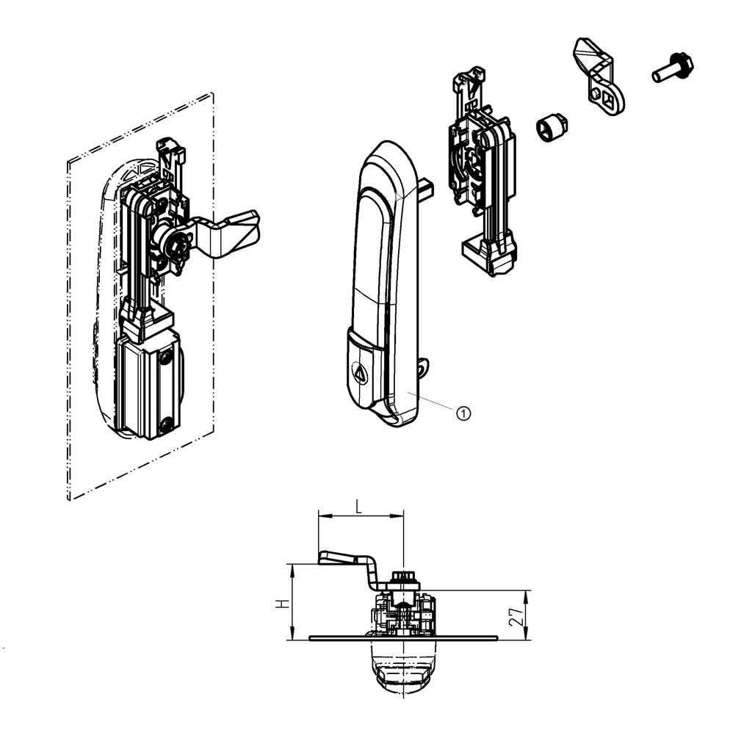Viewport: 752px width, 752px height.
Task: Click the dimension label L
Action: [358, 507]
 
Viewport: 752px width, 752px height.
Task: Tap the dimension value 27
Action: [518, 615]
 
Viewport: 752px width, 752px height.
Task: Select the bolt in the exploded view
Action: [671, 70]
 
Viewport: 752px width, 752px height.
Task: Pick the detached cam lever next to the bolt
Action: [600, 78]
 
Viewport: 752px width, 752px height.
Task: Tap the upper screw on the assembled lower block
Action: [168, 358]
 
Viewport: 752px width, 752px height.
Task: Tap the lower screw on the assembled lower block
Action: [168, 423]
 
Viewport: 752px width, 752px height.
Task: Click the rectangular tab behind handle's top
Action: [426, 190]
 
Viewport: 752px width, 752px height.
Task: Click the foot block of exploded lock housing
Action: [488, 253]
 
